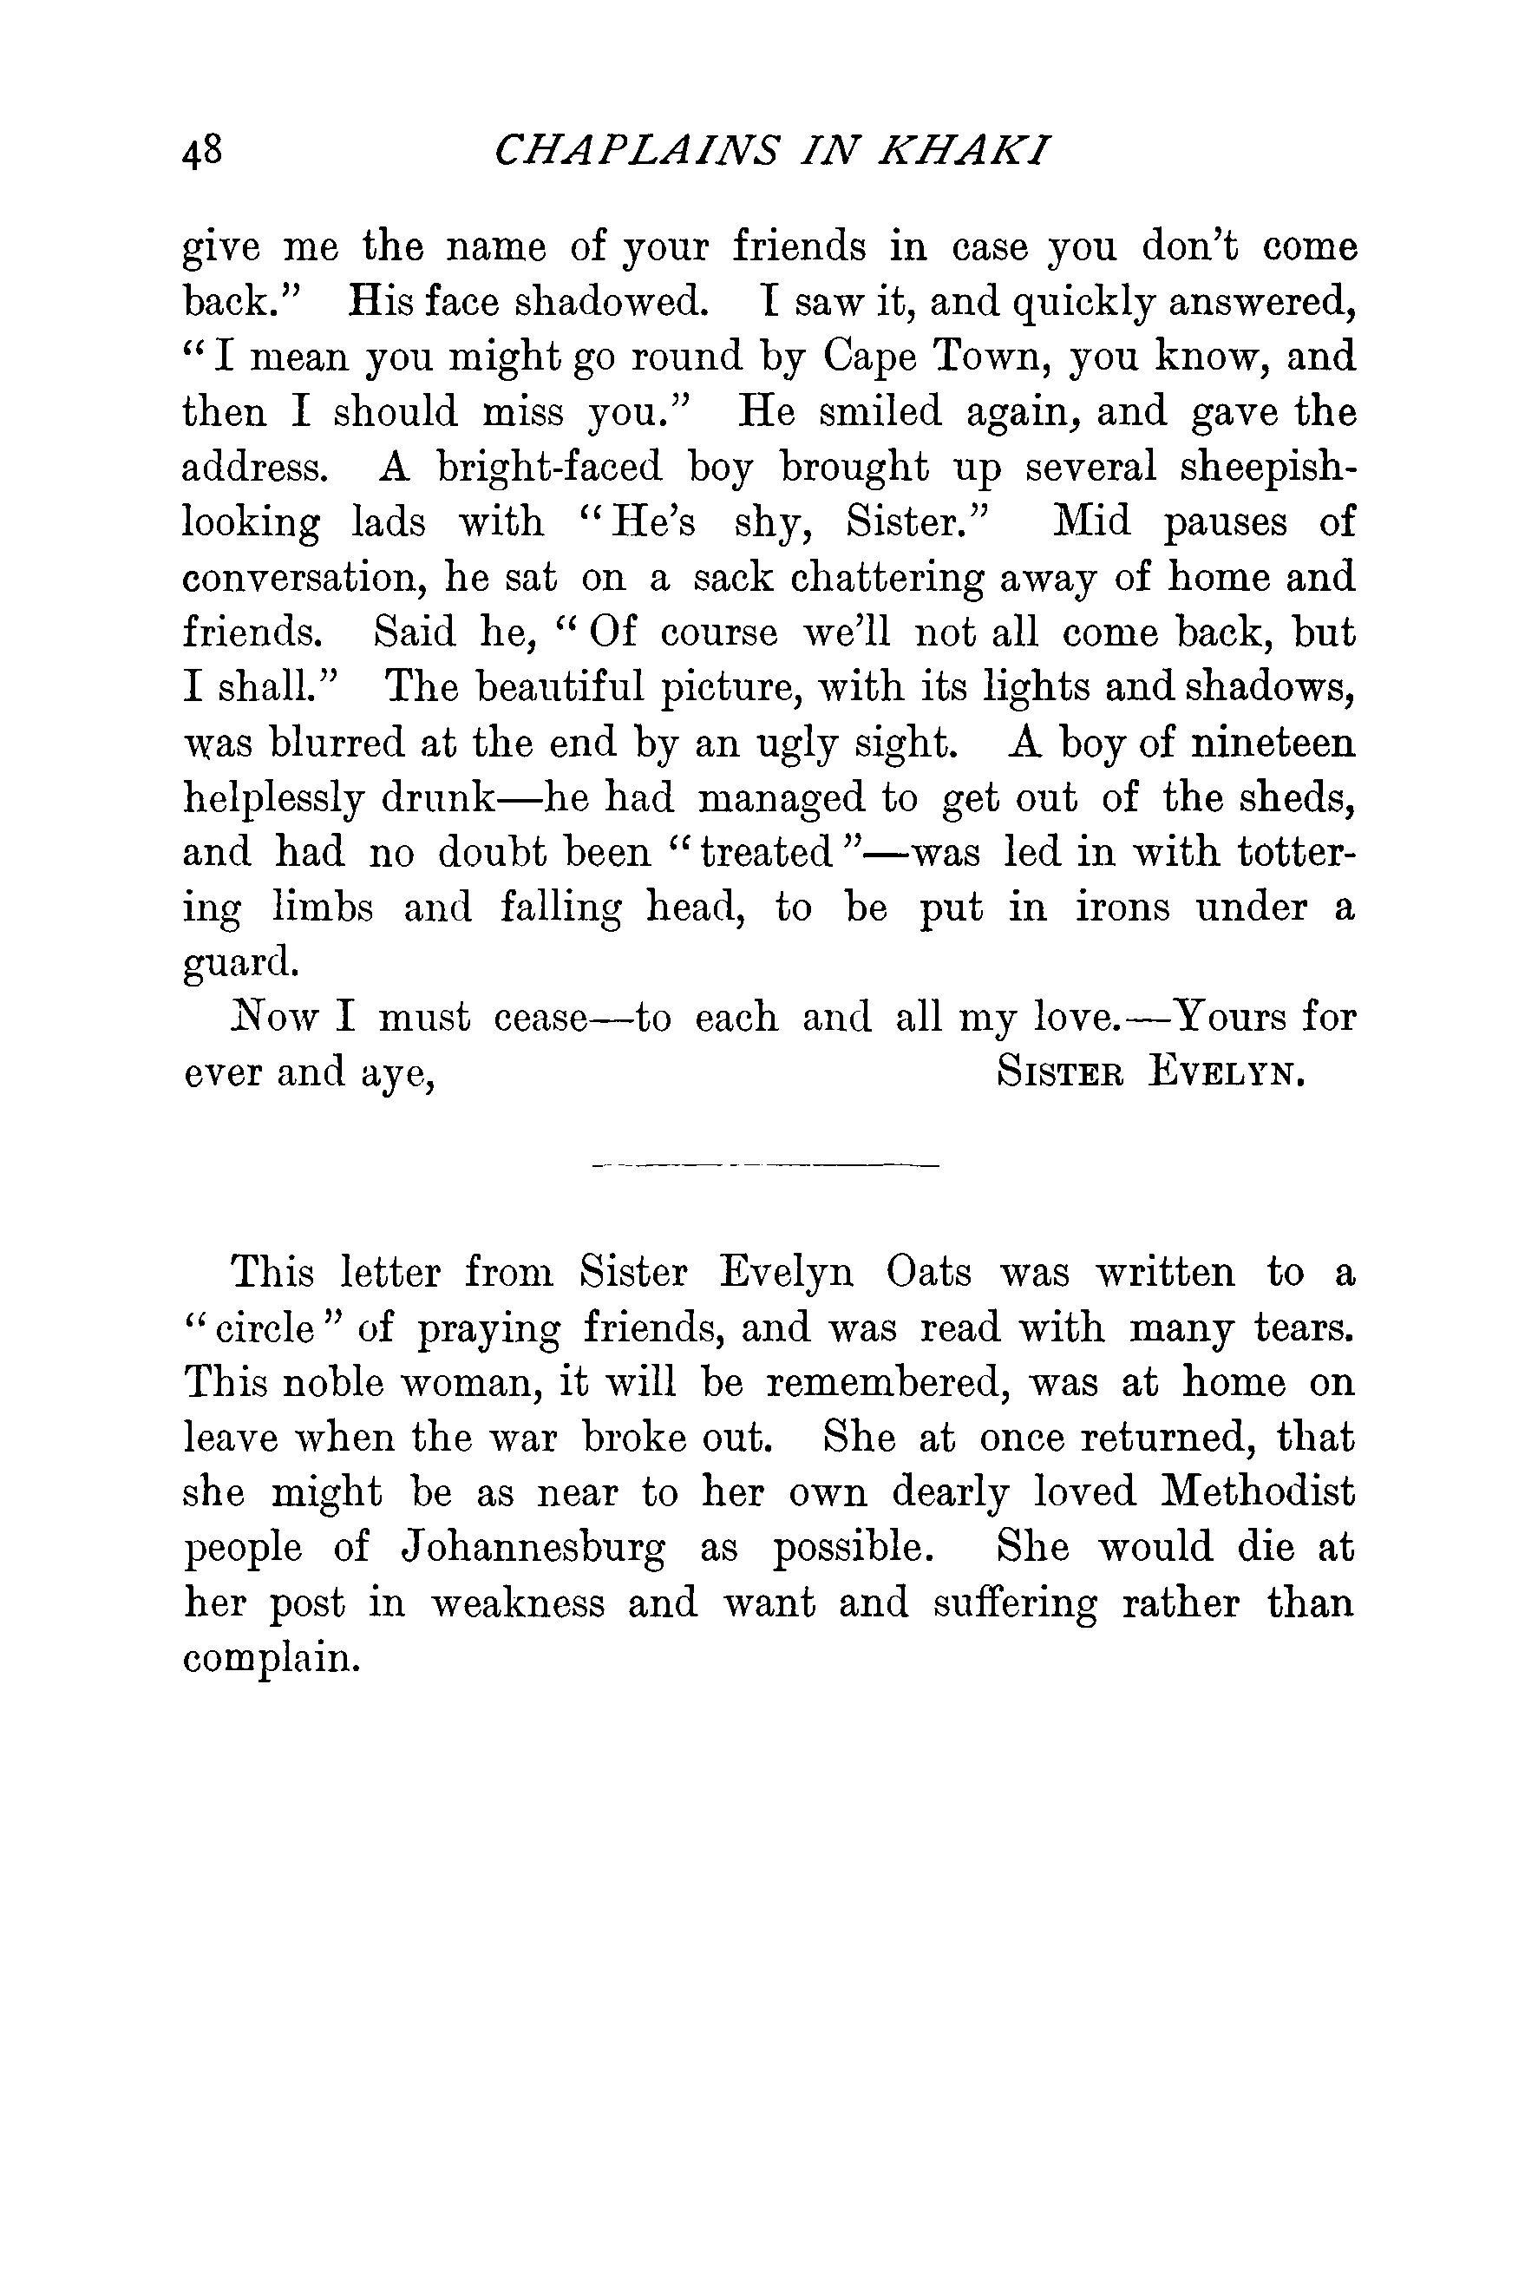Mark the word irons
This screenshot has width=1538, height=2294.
[x=1123, y=908]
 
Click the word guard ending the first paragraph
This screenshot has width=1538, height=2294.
[x=239, y=963]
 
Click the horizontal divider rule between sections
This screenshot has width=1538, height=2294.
[x=766, y=1165]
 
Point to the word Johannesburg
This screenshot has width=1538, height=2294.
[x=533, y=1549]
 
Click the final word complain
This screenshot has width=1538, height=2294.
[x=267, y=1657]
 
